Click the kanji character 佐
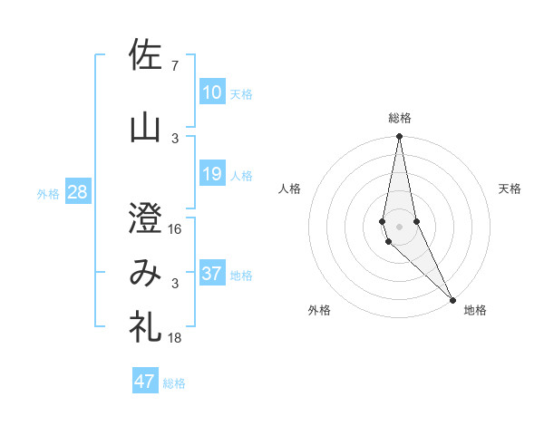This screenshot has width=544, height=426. (145, 55)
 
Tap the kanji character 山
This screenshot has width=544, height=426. (145, 128)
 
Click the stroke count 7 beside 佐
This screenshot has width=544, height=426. (174, 65)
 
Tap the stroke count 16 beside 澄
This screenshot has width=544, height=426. (175, 228)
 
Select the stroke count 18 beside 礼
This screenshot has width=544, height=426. (175, 338)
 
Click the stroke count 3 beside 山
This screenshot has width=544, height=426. (175, 138)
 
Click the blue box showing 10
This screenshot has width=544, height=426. (212, 92)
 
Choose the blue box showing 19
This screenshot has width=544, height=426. (212, 174)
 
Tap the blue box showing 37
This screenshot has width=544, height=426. (212, 274)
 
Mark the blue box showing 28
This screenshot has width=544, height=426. (77, 192)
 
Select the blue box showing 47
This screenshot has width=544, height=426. (145, 381)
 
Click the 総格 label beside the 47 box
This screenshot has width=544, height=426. (174, 383)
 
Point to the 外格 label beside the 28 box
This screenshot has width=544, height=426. (48, 194)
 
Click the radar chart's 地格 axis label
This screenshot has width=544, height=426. (475, 311)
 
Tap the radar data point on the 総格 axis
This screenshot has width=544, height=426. (399, 137)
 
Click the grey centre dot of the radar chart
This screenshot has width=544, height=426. (399, 226)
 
